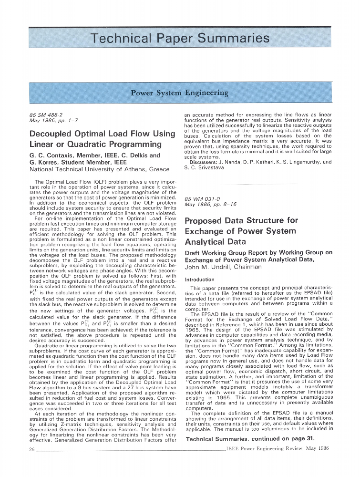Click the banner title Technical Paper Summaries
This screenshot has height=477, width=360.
pos(180,38)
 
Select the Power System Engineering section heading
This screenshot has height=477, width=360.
pos(180,93)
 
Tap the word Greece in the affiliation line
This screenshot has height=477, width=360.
pos(157,169)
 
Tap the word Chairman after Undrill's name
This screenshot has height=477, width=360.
pos(247,267)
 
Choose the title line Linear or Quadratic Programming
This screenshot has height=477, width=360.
pos(95,144)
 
